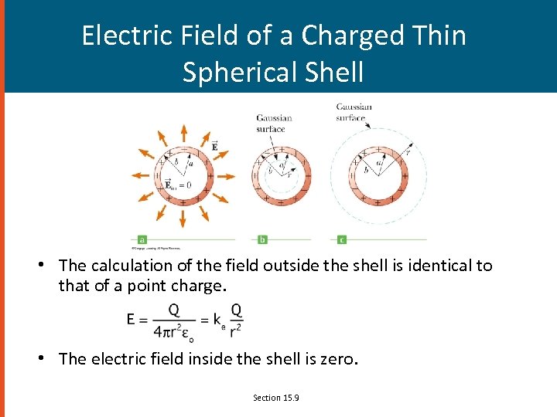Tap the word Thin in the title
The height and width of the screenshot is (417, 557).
pyautogui.click(x=439, y=36)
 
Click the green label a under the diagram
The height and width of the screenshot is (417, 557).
pyautogui.click(x=142, y=239)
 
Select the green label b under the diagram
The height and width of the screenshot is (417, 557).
pyautogui.click(x=262, y=239)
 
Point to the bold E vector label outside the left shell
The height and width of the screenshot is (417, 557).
pyautogui.click(x=214, y=144)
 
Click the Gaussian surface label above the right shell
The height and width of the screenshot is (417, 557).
pyautogui.click(x=354, y=112)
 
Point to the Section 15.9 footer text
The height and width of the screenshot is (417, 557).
pyautogui.click(x=276, y=398)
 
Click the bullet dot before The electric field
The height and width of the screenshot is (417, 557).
pyautogui.click(x=48, y=358)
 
